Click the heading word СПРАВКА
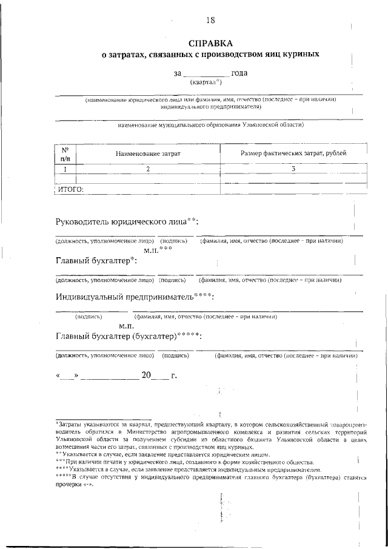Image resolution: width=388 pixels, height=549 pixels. click(x=210, y=44)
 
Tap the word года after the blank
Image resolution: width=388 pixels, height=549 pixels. click(x=238, y=73)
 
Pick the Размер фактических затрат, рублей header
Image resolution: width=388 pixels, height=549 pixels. click(x=293, y=153)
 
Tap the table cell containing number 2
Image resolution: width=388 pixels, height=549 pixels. click(x=147, y=169)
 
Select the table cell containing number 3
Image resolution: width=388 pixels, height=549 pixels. click(x=293, y=169)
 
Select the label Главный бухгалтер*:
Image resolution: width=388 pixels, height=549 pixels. click(x=96, y=261)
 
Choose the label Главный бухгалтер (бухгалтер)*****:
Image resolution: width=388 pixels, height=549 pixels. click(x=128, y=336)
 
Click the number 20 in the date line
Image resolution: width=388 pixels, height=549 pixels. click(x=146, y=376)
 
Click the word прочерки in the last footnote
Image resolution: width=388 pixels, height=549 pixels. click(x=70, y=484)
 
